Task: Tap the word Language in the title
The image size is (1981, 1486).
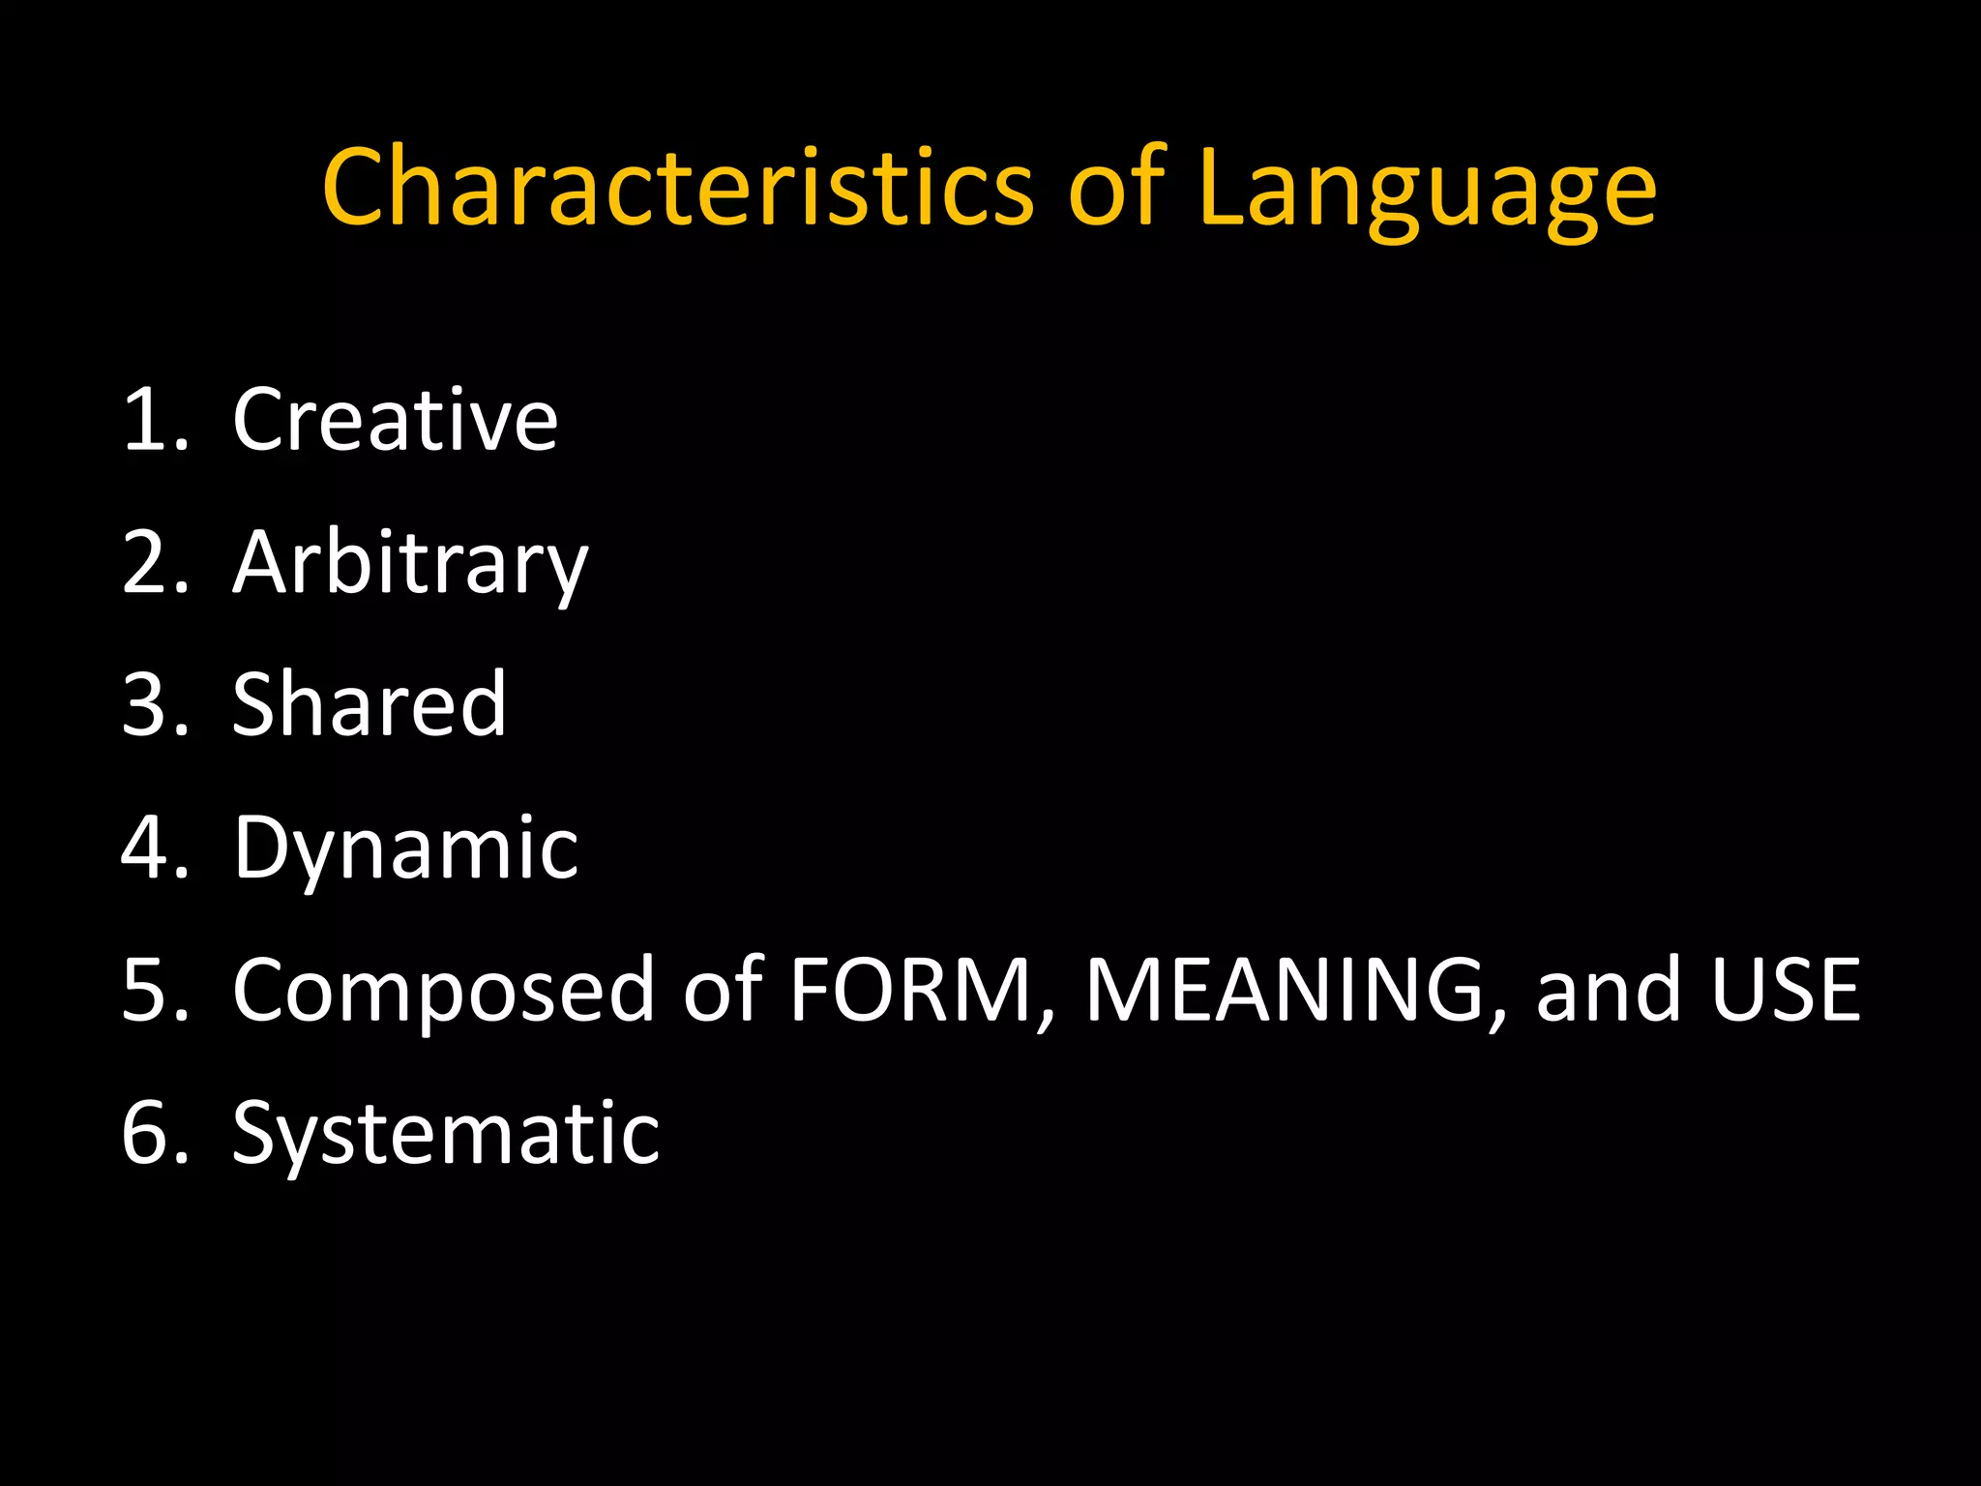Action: point(1427,190)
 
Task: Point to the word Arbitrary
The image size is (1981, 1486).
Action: point(410,564)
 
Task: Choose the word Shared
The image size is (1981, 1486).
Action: point(370,704)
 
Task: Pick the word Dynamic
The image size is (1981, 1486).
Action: point(405,849)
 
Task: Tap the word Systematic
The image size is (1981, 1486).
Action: point(446,1134)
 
